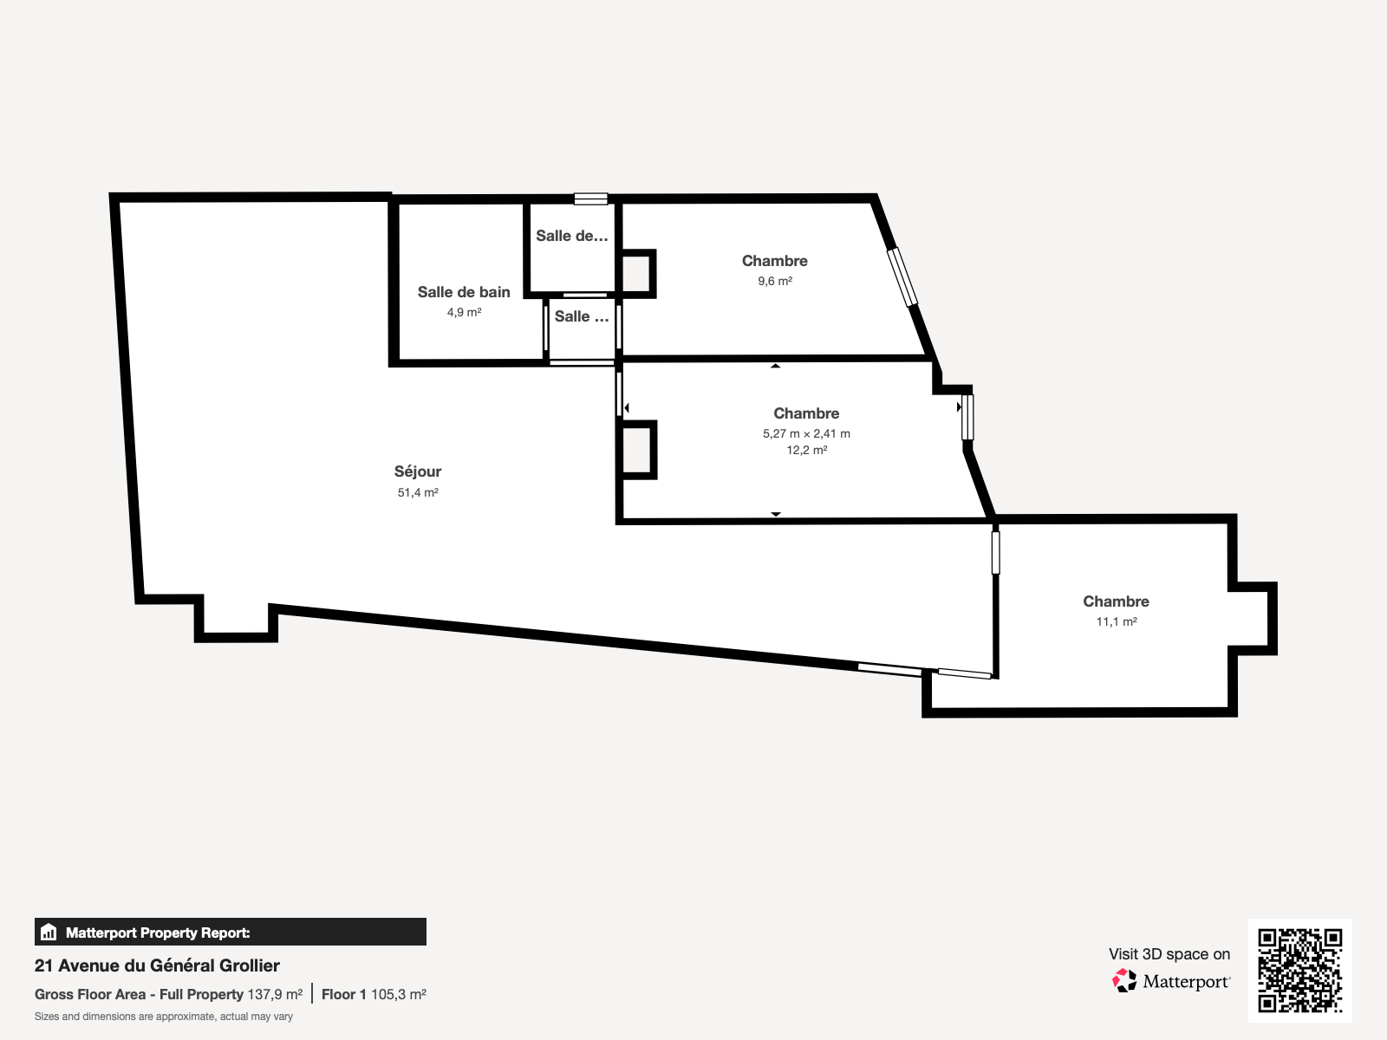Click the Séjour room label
pyautogui.click(x=418, y=471)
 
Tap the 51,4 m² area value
pyautogui.click(x=418, y=492)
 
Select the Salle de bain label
pyautogui.click(x=464, y=292)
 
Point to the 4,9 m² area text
pyautogui.click(x=465, y=312)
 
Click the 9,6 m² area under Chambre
pyautogui.click(x=775, y=281)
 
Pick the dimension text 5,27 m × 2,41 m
pyautogui.click(x=806, y=434)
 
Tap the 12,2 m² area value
pyautogui.click(x=807, y=450)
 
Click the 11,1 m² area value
pyautogui.click(x=1117, y=621)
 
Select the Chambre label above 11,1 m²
pyautogui.click(x=1116, y=601)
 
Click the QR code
pyautogui.click(x=1299, y=970)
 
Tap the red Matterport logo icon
pyautogui.click(x=1124, y=981)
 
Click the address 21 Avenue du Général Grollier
pyautogui.click(x=157, y=965)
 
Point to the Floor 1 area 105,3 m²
pyautogui.click(x=374, y=995)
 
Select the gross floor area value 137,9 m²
pyautogui.click(x=275, y=995)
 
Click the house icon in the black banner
pyautogui.click(x=49, y=932)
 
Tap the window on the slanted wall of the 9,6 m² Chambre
pyautogui.click(x=902, y=277)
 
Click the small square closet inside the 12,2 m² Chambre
pyautogui.click(x=637, y=450)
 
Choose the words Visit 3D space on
pyautogui.click(x=1169, y=954)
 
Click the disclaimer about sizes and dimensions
pyautogui.click(x=164, y=1017)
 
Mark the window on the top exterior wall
pyautogui.click(x=591, y=199)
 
